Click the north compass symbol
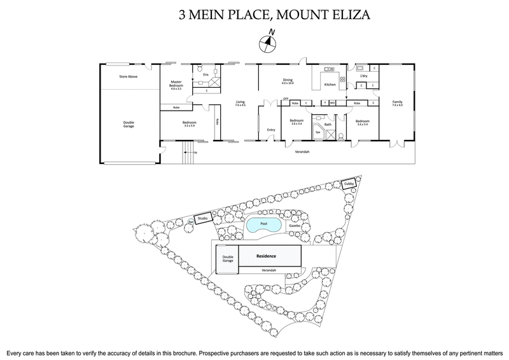tap(267, 42)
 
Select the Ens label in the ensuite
tap(206, 75)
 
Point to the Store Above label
tap(129, 76)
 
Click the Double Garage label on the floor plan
tap(129, 124)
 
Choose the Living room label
tap(240, 103)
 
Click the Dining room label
tap(288, 81)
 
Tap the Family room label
tap(397, 104)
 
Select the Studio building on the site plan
tap(203, 218)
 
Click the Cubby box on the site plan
tap(348, 184)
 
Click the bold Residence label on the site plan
tap(266, 256)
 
